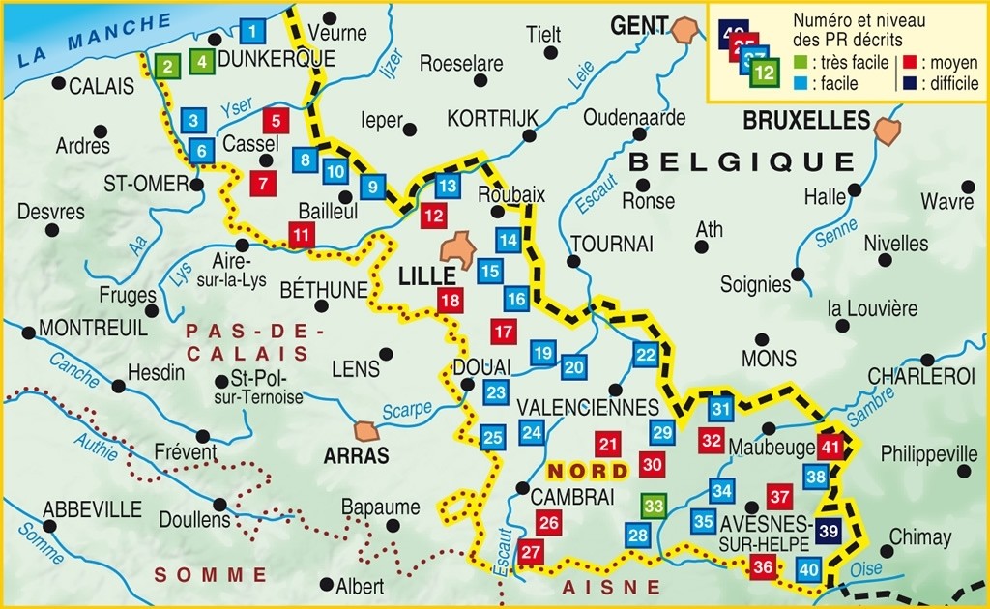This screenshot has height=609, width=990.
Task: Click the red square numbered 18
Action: click(x=450, y=301)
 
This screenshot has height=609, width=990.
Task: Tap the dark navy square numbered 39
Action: click(x=829, y=530)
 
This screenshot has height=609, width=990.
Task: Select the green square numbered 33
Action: click(x=655, y=505)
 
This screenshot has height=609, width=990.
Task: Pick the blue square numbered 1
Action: click(x=252, y=32)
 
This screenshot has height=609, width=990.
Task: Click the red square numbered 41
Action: click(x=830, y=447)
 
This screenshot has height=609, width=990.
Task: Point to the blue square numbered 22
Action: click(x=646, y=354)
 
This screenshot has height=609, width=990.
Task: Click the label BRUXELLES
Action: click(x=806, y=121)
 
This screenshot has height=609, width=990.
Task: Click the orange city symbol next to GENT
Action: click(x=687, y=29)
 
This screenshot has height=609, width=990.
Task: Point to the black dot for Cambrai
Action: click(x=522, y=488)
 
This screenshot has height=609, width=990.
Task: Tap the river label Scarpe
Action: click(x=407, y=410)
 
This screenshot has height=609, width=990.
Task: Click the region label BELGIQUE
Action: click(x=741, y=160)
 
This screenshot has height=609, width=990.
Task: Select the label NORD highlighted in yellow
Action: click(x=581, y=471)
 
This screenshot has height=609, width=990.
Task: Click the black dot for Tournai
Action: click(x=573, y=262)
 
